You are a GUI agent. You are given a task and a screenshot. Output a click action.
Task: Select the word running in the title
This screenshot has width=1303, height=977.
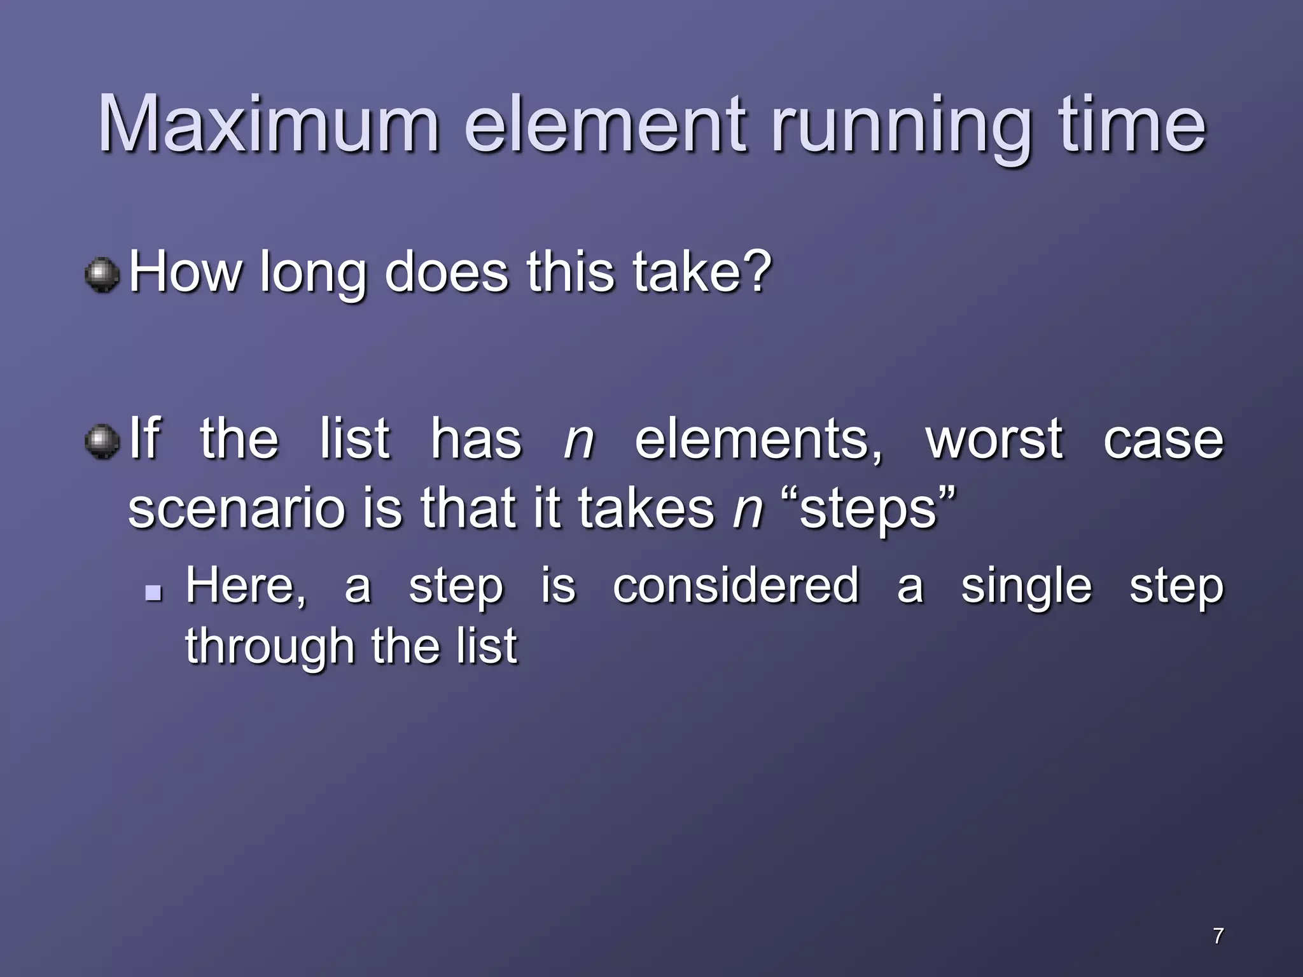point(900,127)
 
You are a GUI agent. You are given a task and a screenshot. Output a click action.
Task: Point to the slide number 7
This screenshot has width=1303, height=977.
point(1218,936)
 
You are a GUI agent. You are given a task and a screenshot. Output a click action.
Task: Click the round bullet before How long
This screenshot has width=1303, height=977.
point(102,275)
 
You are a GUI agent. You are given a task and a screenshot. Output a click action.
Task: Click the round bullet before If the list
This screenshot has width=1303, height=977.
point(102,441)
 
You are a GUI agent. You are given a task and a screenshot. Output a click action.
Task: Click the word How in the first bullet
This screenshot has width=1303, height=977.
point(185,272)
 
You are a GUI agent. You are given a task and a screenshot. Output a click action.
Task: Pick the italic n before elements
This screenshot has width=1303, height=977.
point(578,440)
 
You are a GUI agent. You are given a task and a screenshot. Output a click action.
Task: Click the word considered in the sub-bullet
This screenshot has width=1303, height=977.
point(735,585)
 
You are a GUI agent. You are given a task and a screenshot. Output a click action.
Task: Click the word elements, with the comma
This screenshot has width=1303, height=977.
point(759,440)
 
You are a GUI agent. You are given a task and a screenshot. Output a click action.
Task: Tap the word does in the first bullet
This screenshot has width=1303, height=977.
point(446,272)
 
